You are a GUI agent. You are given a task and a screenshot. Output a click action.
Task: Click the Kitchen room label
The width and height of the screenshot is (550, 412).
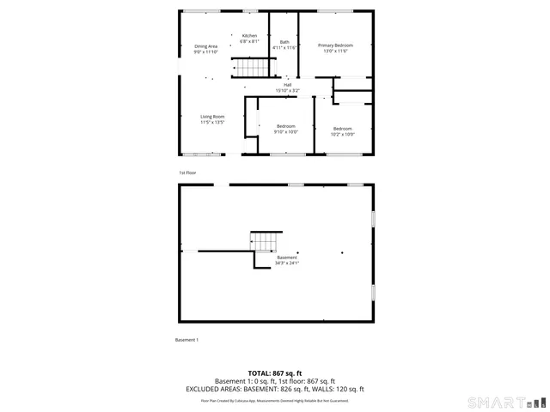(249, 35)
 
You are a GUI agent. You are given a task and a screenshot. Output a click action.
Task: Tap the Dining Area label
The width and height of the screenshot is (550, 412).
(206, 45)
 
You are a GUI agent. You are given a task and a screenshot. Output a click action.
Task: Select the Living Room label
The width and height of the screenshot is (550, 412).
(212, 117)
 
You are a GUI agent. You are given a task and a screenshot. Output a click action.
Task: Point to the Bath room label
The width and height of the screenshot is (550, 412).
(284, 42)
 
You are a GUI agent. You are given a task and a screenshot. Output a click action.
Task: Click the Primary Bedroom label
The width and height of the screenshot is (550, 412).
(334, 45)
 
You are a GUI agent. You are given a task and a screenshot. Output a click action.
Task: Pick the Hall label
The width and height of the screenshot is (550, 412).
(287, 84)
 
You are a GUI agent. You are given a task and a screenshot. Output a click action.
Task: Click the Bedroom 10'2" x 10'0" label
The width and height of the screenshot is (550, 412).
(343, 128)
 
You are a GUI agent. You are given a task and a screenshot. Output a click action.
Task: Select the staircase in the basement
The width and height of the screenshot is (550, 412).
(266, 241)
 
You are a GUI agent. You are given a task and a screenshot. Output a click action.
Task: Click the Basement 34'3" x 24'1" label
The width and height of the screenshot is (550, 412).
(287, 257)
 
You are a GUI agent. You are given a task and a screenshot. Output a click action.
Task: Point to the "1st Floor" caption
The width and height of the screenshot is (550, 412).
(187, 173)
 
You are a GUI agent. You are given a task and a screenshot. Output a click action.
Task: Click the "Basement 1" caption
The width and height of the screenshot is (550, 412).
(186, 340)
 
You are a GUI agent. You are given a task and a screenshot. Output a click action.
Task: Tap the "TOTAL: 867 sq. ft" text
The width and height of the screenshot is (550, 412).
(275, 373)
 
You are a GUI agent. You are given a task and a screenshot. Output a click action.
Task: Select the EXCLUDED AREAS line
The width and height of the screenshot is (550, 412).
(275, 389)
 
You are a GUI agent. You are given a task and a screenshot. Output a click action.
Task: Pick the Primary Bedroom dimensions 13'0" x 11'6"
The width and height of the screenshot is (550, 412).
(334, 50)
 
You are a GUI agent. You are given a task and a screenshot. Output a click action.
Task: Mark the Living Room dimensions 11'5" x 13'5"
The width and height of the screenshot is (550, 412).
(212, 122)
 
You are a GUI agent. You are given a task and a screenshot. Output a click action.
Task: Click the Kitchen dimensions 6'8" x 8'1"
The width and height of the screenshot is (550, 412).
(249, 41)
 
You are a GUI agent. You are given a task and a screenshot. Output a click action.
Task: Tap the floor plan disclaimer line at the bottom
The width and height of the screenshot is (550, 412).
(275, 400)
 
